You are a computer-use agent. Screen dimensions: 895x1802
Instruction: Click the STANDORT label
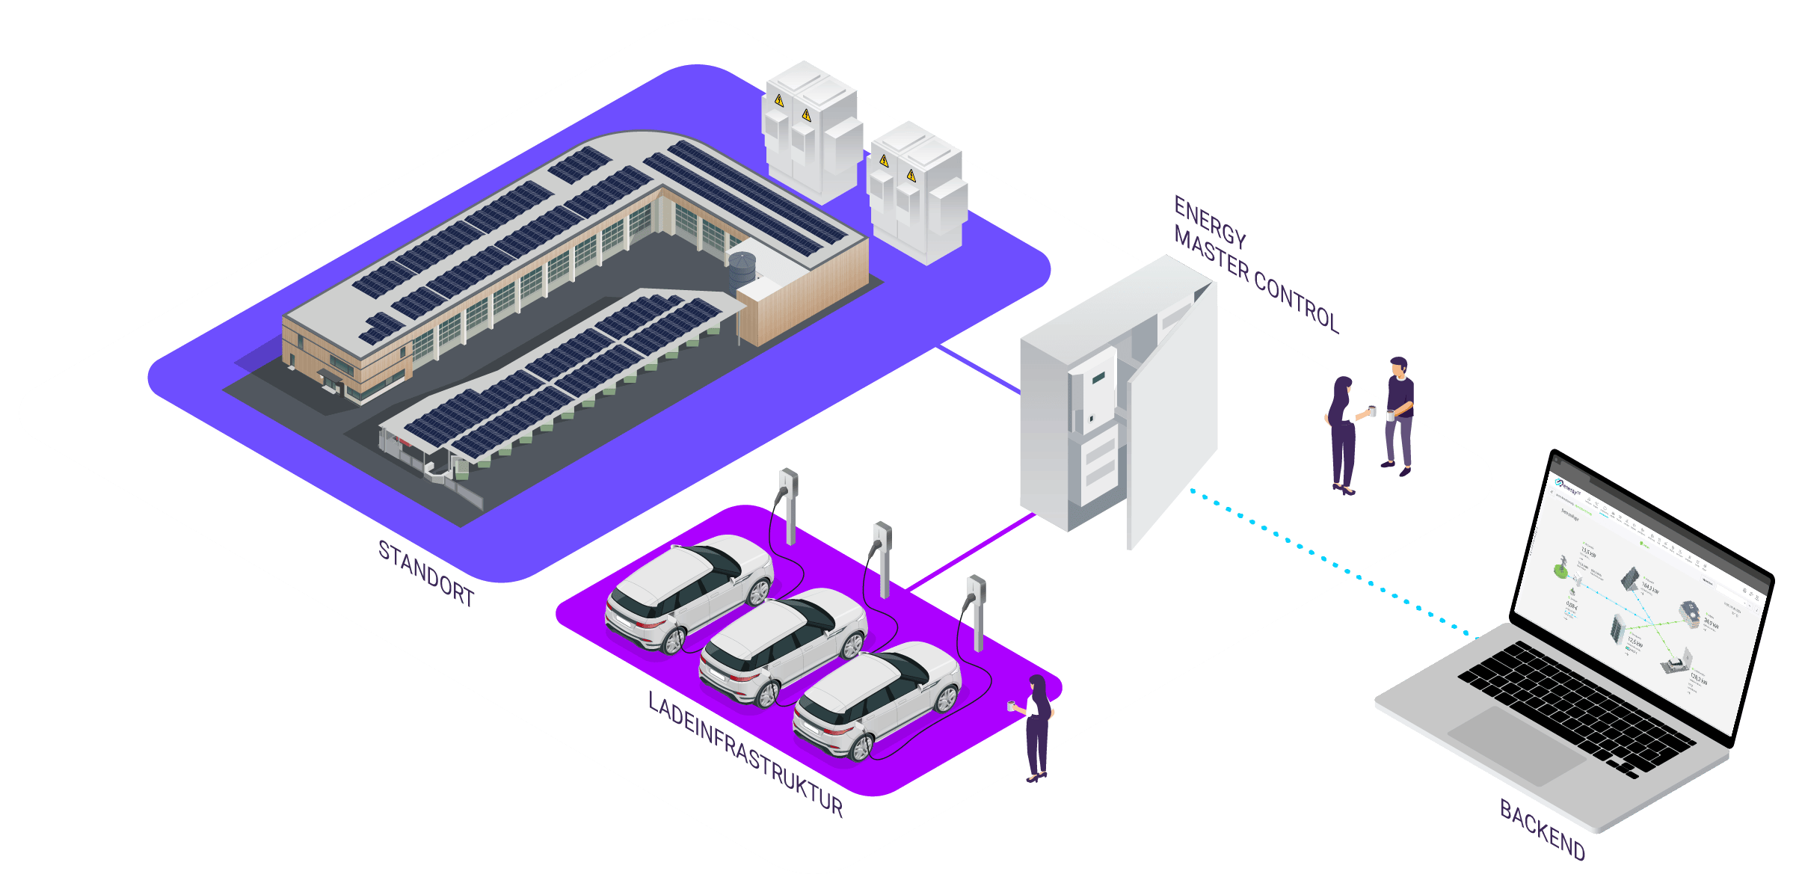(x=426, y=574)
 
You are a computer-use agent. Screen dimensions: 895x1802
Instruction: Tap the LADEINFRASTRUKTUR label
(x=745, y=754)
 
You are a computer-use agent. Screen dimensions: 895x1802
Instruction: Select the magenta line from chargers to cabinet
(x=972, y=550)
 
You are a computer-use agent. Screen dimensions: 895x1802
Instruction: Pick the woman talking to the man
(x=1342, y=434)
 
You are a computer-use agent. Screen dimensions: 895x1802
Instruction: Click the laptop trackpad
(x=1518, y=745)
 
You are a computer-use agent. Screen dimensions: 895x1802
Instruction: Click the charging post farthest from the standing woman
(x=789, y=505)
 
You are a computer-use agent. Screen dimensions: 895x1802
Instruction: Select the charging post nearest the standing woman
(x=976, y=609)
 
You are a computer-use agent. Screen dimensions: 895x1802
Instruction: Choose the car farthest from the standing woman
(x=688, y=591)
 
